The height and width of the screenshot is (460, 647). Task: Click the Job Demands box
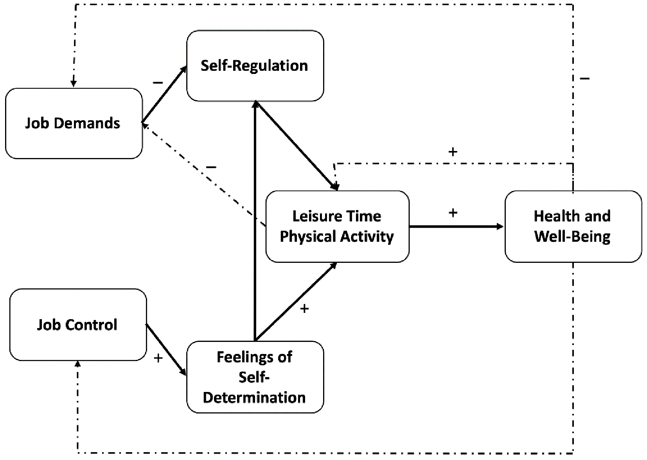click(x=74, y=123)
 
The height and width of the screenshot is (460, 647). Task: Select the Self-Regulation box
click(x=255, y=66)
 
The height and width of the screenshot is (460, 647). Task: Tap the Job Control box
click(x=78, y=325)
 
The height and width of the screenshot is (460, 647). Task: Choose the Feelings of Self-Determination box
click(x=255, y=377)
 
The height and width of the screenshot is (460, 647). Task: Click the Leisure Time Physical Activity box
click(x=337, y=226)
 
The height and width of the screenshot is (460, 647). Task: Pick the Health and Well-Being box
click(x=573, y=226)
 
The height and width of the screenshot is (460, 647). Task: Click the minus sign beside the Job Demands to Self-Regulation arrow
click(x=158, y=83)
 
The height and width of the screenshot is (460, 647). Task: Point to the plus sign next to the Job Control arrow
click(x=158, y=358)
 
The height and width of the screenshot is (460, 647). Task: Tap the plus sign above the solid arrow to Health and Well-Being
click(x=453, y=213)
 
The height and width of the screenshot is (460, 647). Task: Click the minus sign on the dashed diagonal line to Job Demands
click(x=211, y=167)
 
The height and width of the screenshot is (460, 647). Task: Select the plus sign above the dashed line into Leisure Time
click(x=453, y=152)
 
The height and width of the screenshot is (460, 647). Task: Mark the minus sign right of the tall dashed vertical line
click(x=585, y=78)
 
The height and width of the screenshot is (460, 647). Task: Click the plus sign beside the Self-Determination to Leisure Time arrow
click(x=304, y=309)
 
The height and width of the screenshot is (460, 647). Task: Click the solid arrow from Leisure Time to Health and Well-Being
click(x=456, y=226)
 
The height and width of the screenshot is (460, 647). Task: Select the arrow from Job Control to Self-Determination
click(x=166, y=350)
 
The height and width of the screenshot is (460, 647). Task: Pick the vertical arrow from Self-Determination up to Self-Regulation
click(x=255, y=221)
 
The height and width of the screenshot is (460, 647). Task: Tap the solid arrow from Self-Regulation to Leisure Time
click(x=297, y=146)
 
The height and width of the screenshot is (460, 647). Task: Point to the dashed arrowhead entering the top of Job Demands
click(x=74, y=83)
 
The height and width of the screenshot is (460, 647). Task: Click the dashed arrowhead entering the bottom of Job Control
click(x=78, y=365)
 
